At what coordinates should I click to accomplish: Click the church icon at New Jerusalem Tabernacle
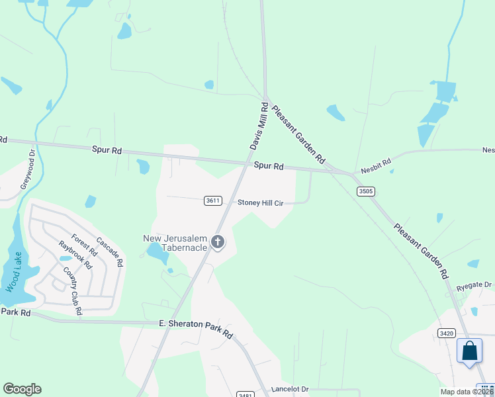pyautogui.click(x=218, y=243)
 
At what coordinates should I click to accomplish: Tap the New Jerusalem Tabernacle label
pyautogui.click(x=175, y=243)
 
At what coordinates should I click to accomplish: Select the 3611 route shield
pyautogui.click(x=212, y=200)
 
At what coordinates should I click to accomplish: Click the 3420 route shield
pyautogui.click(x=446, y=333)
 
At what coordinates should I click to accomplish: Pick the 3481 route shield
pyautogui.click(x=245, y=393)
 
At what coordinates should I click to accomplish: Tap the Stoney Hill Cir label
pyautogui.click(x=260, y=203)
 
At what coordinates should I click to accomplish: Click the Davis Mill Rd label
pyautogui.click(x=258, y=125)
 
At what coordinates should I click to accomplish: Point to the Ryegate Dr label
pyautogui.click(x=474, y=286)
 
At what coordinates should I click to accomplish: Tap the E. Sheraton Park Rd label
pyautogui.click(x=196, y=328)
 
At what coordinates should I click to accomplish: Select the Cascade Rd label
pyautogui.click(x=110, y=251)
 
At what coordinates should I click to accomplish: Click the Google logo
pyautogui.click(x=22, y=389)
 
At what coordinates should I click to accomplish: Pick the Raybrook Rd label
pyautogui.click(x=75, y=254)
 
